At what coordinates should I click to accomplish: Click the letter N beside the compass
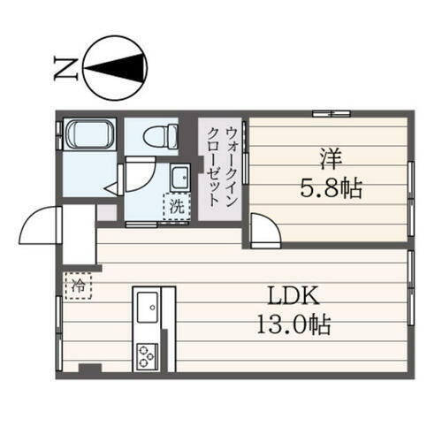pos(64,65)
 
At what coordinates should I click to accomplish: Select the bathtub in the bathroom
pos(88,138)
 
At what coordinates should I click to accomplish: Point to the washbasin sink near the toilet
pos(181,176)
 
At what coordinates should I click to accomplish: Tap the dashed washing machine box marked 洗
pos(176,208)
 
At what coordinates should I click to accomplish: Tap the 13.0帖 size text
pos(293,325)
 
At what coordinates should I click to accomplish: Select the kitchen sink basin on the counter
pos(147,310)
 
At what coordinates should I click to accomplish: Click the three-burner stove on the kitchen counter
pos(146,356)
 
